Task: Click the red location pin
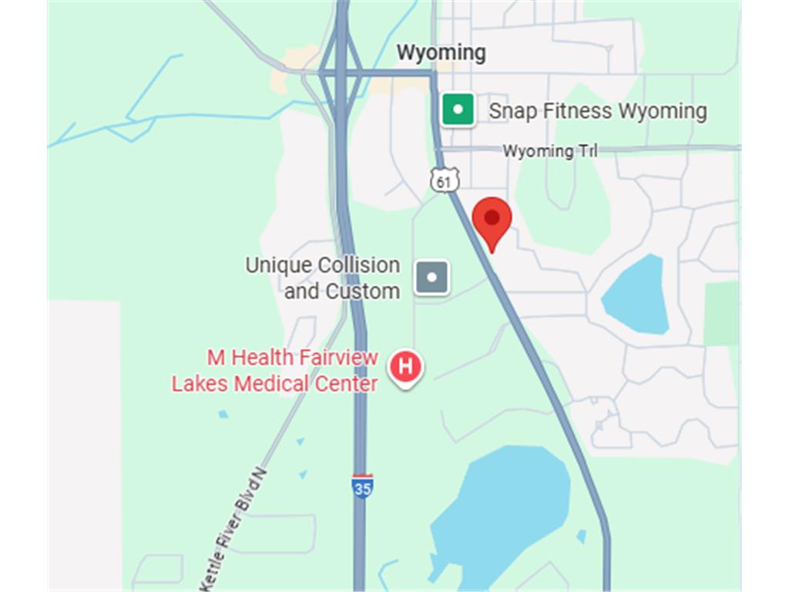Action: [492, 220]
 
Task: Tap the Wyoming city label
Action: [441, 53]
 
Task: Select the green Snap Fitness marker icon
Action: [458, 109]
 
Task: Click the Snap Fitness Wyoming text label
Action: [597, 111]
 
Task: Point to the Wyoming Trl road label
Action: [550, 151]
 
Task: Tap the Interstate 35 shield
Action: [362, 486]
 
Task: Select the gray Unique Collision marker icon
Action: [431, 277]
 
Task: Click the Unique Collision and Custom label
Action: [323, 278]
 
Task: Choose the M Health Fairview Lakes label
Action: [275, 371]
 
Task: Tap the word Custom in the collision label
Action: [362, 291]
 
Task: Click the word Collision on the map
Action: [359, 265]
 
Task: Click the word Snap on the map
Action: [513, 111]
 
